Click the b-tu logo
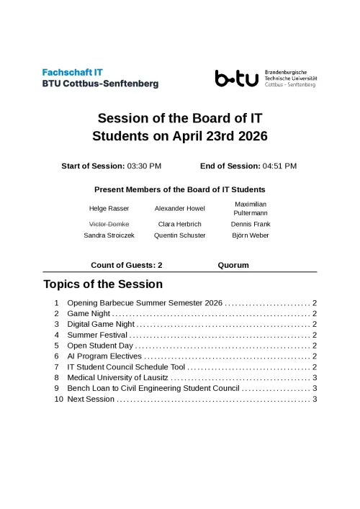pyautogui.click(x=236, y=78)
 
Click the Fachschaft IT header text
pyautogui.click(x=73, y=72)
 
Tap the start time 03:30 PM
pyautogui.click(x=144, y=166)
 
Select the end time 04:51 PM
pyautogui.click(x=279, y=166)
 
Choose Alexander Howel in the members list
pyautogui.click(x=179, y=209)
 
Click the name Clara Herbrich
pyautogui.click(x=179, y=224)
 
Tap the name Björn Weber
pyautogui.click(x=250, y=235)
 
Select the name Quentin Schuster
pyautogui.click(x=179, y=235)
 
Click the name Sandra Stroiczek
pyautogui.click(x=109, y=235)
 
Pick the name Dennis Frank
pyautogui.click(x=250, y=224)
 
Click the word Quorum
pyautogui.click(x=233, y=265)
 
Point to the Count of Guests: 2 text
pyautogui.click(x=127, y=265)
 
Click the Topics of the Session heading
pyautogui.click(x=103, y=284)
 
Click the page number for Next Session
pyautogui.click(x=315, y=399)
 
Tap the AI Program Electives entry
pyautogui.click(x=104, y=356)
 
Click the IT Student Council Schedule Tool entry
pyautogui.click(x=126, y=367)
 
